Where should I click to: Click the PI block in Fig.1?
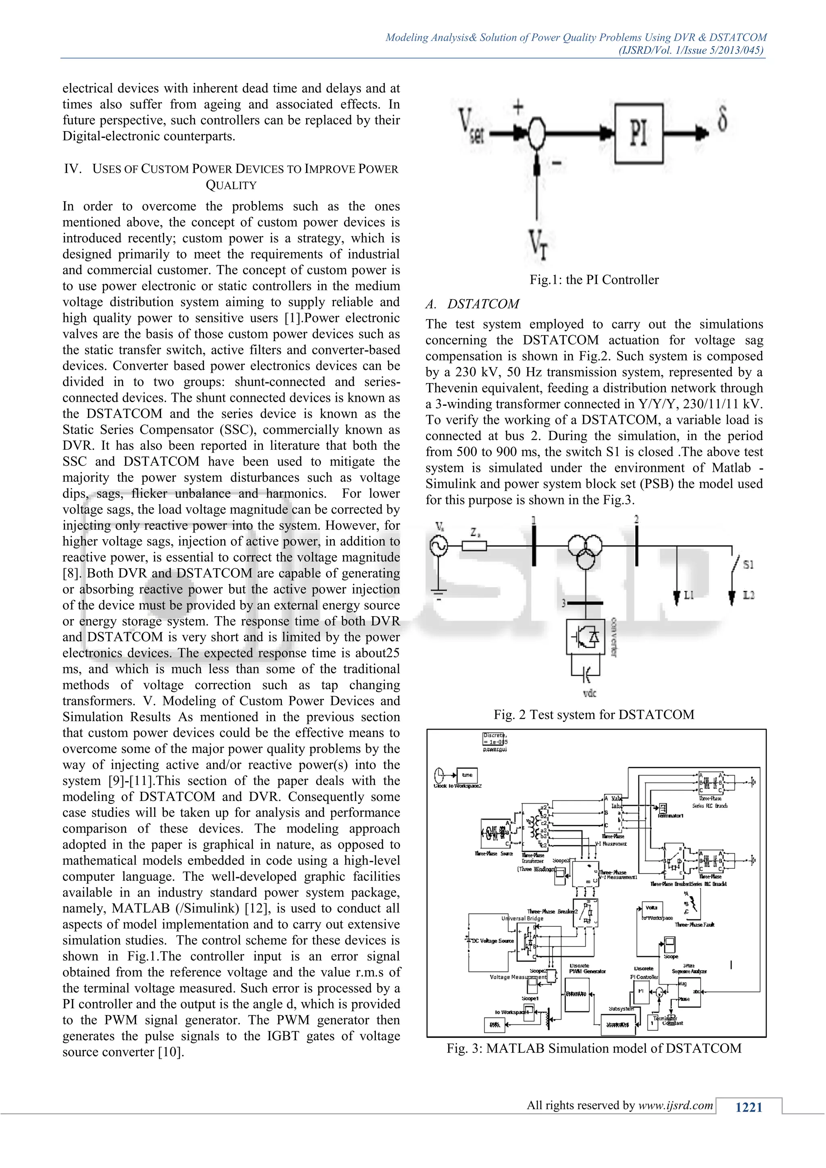pyautogui.click(x=639, y=133)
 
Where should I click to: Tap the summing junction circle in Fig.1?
pyautogui.click(x=536, y=133)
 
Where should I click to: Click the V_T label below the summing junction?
pyautogui.click(x=538, y=244)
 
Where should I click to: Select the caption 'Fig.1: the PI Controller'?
pyautogui.click(x=594, y=280)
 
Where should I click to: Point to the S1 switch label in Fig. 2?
pyautogui.click(x=748, y=564)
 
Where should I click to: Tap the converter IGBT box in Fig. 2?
pyautogui.click(x=586, y=636)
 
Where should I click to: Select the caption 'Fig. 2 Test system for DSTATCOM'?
pyautogui.click(x=594, y=715)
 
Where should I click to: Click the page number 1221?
pyautogui.click(x=749, y=1107)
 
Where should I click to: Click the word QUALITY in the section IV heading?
pyautogui.click(x=231, y=185)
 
